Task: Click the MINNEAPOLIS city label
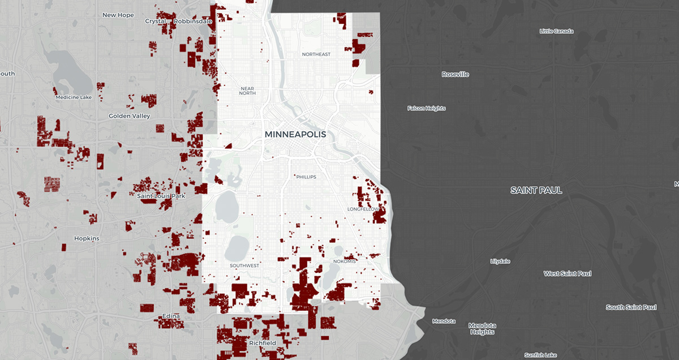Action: tap(295, 135)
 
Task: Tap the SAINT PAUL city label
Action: tap(536, 190)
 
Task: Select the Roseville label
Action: tap(455, 74)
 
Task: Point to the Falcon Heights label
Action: tap(427, 108)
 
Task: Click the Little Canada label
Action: tap(556, 31)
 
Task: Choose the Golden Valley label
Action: tap(130, 116)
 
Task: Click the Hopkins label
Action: tap(87, 238)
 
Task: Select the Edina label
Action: tap(170, 315)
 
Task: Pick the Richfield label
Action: tap(263, 343)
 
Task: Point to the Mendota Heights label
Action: tap(482, 329)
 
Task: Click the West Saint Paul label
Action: tap(568, 273)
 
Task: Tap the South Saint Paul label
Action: tap(631, 307)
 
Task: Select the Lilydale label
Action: tap(500, 261)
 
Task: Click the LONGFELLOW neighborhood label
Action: tap(362, 209)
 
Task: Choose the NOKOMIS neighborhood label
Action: tap(345, 262)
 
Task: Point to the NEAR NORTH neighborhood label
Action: tap(247, 91)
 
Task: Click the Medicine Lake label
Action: tap(74, 97)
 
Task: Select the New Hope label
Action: tap(118, 15)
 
